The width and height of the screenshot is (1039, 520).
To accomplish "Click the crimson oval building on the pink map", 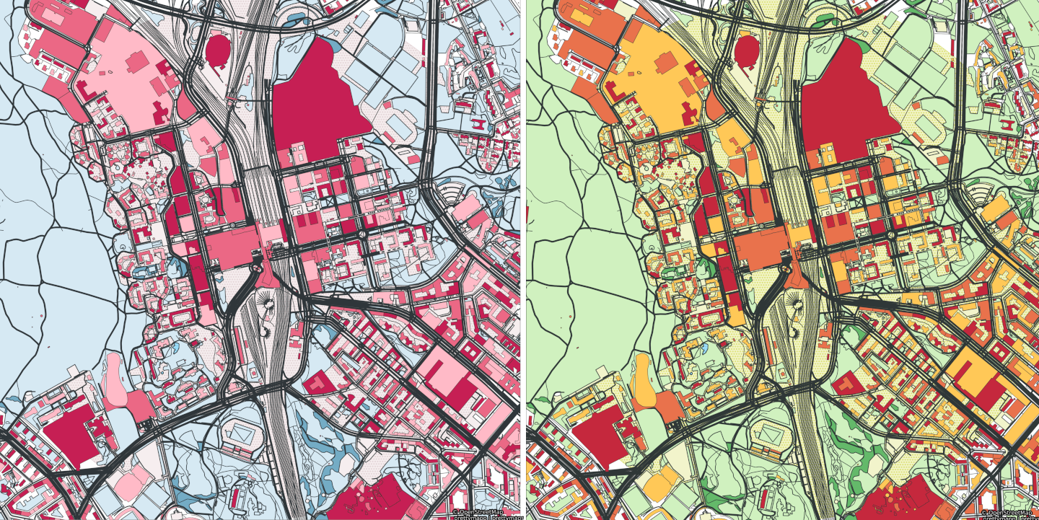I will (x=216, y=49).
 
